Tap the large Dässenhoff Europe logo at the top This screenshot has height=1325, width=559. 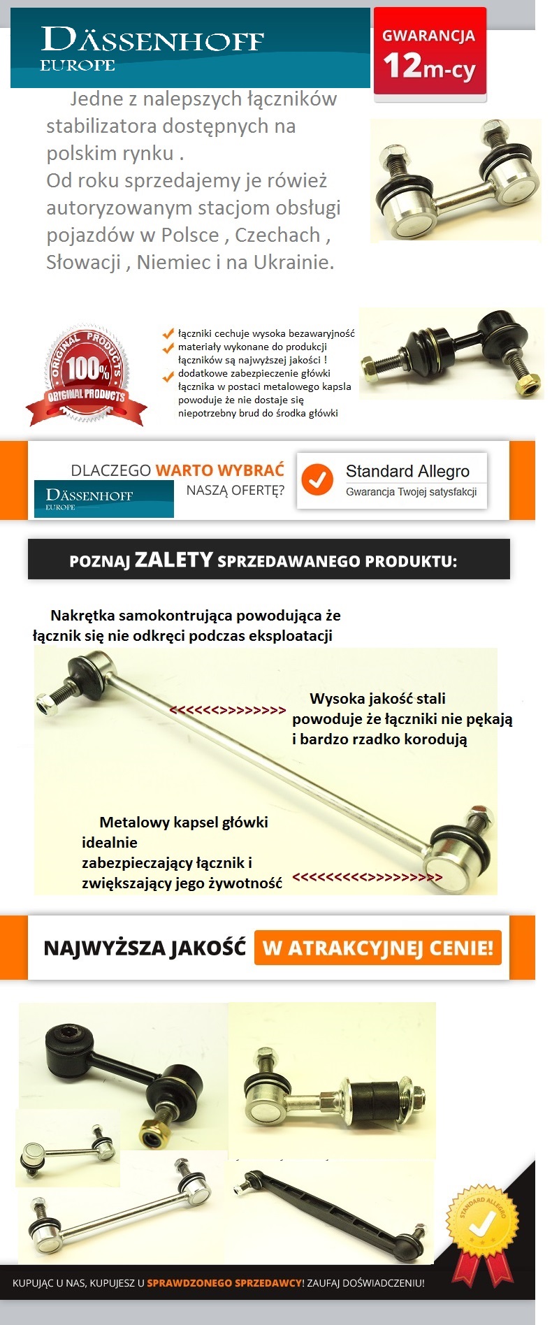(x=152, y=49)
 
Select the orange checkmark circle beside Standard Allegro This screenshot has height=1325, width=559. (x=317, y=479)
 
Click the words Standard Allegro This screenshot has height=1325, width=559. (x=407, y=471)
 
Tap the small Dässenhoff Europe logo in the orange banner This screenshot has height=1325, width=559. (x=103, y=499)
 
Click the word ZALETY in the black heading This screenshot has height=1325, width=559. (x=173, y=560)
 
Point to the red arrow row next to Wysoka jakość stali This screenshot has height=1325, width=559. (x=228, y=710)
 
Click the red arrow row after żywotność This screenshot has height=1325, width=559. (x=368, y=877)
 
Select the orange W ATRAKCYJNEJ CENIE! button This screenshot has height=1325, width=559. (x=377, y=948)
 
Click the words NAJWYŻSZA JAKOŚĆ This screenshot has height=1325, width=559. (x=145, y=948)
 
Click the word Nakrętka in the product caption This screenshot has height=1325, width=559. (x=82, y=616)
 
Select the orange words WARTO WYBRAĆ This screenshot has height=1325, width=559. (x=219, y=470)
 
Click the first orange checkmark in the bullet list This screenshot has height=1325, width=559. (x=168, y=333)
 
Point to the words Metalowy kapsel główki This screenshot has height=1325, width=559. (x=184, y=823)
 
